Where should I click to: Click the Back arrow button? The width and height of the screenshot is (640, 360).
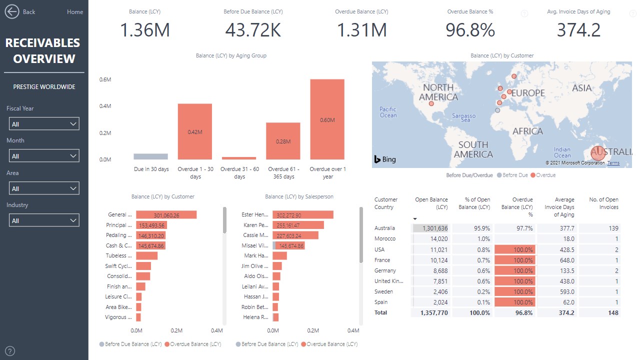coord(11,11)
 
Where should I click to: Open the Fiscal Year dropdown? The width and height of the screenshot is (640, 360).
coord(44,124)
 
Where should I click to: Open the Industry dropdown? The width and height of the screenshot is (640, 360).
coord(44,220)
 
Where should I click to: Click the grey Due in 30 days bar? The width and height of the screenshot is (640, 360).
coord(151,156)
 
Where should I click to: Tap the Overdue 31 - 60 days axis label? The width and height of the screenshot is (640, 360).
coord(239,172)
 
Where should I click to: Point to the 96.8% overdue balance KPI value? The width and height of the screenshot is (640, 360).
coord(470,30)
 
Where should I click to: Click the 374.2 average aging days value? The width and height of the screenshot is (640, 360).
coord(578,30)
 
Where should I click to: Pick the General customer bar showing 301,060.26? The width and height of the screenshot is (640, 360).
coord(166,215)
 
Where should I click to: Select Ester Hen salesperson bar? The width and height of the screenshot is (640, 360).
coord(303,215)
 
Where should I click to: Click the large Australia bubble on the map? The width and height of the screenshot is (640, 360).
coord(598,153)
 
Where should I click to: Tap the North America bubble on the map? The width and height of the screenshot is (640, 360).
coord(431,104)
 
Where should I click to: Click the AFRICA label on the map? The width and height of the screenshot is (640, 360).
coord(527,131)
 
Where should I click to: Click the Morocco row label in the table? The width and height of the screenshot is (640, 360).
coord(385,239)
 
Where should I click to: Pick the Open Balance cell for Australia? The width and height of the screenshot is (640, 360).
coord(430,228)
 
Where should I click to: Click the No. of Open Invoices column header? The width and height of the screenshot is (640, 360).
coord(603,203)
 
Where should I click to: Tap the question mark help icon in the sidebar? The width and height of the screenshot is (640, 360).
coord(9,350)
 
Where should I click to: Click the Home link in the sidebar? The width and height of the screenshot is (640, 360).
coord(75,12)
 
